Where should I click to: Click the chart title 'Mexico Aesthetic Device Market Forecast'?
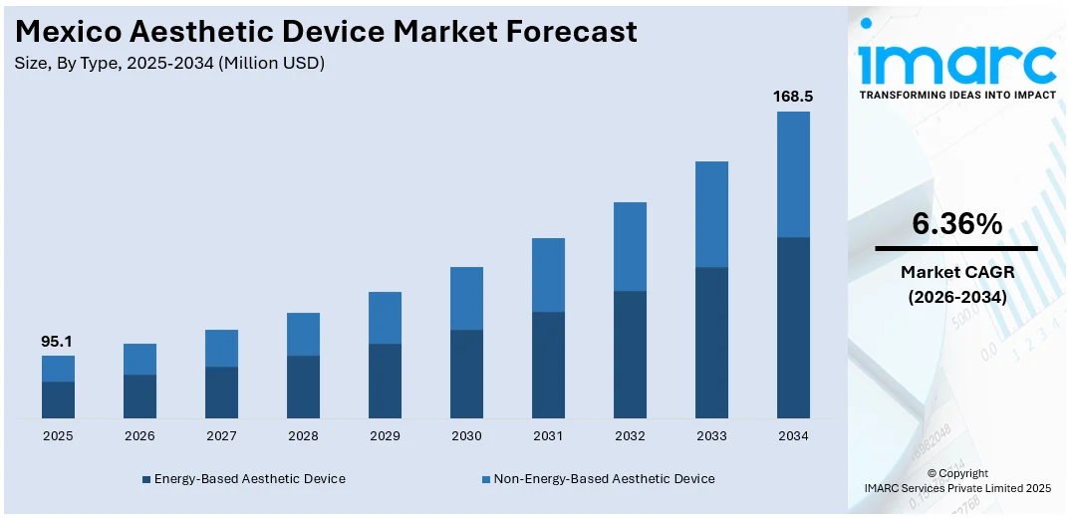(x=326, y=32)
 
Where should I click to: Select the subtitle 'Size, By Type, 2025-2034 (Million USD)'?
(x=170, y=64)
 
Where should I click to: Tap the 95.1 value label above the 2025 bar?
(x=57, y=342)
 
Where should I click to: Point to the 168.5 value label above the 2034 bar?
(x=793, y=97)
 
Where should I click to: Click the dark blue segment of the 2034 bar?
(x=793, y=327)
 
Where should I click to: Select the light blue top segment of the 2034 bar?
(x=793, y=174)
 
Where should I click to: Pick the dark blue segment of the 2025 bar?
(x=58, y=399)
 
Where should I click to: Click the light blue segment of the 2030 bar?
(x=466, y=298)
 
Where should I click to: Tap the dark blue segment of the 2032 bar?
(x=630, y=354)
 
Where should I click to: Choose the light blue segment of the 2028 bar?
(x=303, y=334)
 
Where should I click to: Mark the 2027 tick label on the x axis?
(x=221, y=436)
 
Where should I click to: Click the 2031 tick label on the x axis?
(x=548, y=436)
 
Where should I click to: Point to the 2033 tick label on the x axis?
(x=711, y=436)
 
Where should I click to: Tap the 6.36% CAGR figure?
(x=956, y=225)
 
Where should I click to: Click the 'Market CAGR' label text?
(x=956, y=272)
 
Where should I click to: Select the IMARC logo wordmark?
(x=956, y=62)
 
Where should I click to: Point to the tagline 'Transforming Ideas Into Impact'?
(x=956, y=96)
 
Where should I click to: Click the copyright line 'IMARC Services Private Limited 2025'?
(x=956, y=488)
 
